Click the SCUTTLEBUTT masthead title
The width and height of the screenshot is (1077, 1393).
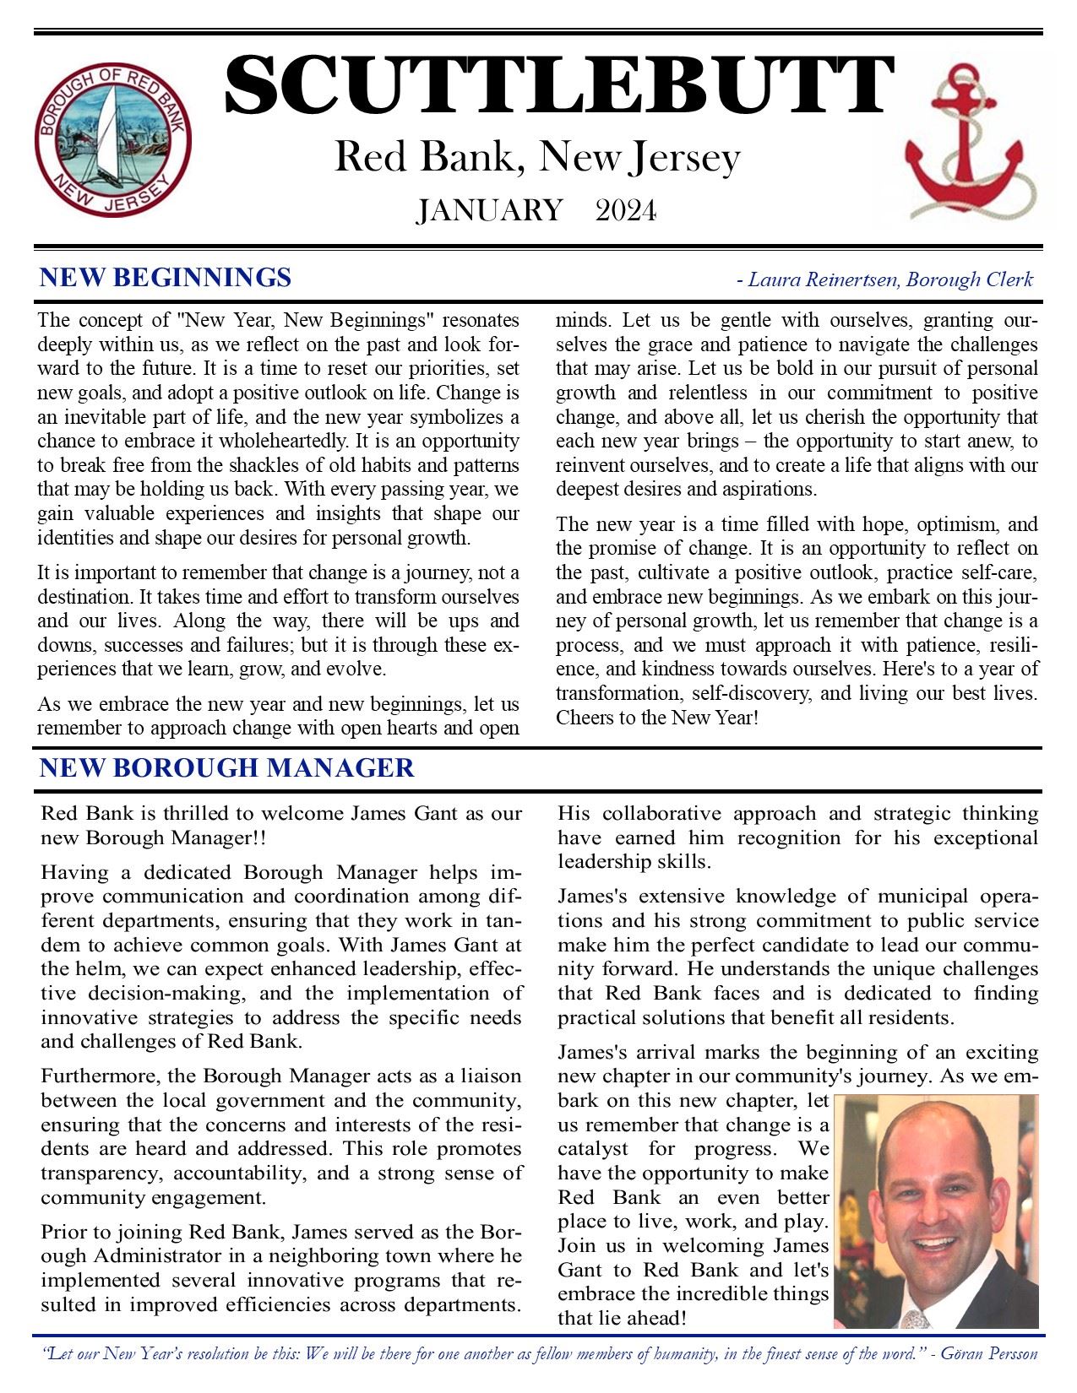[558, 86]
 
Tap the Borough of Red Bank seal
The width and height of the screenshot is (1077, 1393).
[112, 138]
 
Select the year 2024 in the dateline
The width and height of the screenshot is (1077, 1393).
[625, 210]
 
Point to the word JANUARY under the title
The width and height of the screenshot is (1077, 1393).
[489, 210]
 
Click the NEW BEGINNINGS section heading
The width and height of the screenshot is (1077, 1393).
[166, 277]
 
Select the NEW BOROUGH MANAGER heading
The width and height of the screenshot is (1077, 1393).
[226, 767]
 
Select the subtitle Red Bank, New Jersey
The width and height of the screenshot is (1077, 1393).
[537, 158]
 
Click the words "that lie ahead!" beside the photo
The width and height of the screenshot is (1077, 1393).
[621, 1318]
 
